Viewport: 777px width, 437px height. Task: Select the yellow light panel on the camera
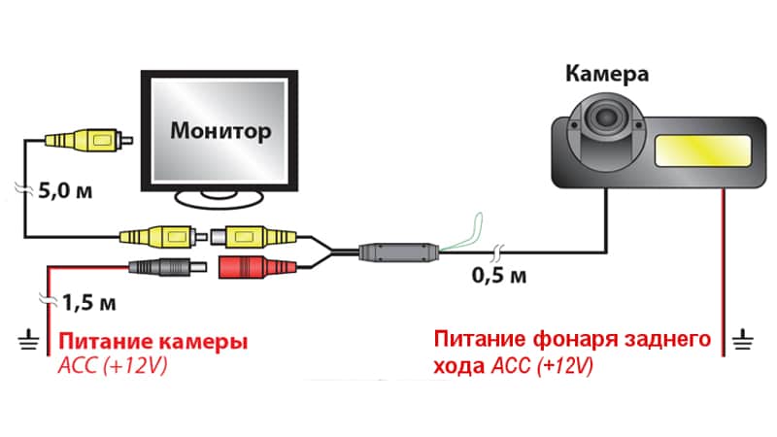pyautogui.click(x=701, y=151)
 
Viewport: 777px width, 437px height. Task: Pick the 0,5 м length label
pyautogui.click(x=497, y=276)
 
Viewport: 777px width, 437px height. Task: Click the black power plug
pyautogui.click(x=166, y=267)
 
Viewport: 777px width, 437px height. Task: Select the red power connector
pyautogui.click(x=251, y=266)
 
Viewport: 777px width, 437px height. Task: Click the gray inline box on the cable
pyautogui.click(x=397, y=252)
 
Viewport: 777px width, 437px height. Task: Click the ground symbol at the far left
pyautogui.click(x=23, y=339)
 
